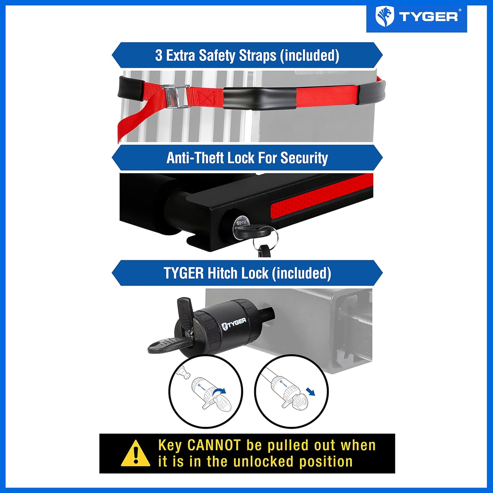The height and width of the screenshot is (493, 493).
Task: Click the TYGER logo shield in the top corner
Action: click(385, 17)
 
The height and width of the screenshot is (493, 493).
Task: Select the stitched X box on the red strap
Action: click(206, 98)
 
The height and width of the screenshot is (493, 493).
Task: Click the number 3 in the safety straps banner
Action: click(159, 56)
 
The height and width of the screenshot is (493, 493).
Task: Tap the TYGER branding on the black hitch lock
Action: click(234, 323)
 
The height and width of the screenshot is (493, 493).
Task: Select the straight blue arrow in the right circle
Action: click(310, 392)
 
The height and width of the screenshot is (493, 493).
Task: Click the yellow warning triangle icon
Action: click(135, 454)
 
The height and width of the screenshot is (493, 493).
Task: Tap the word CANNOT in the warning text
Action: click(214, 446)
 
